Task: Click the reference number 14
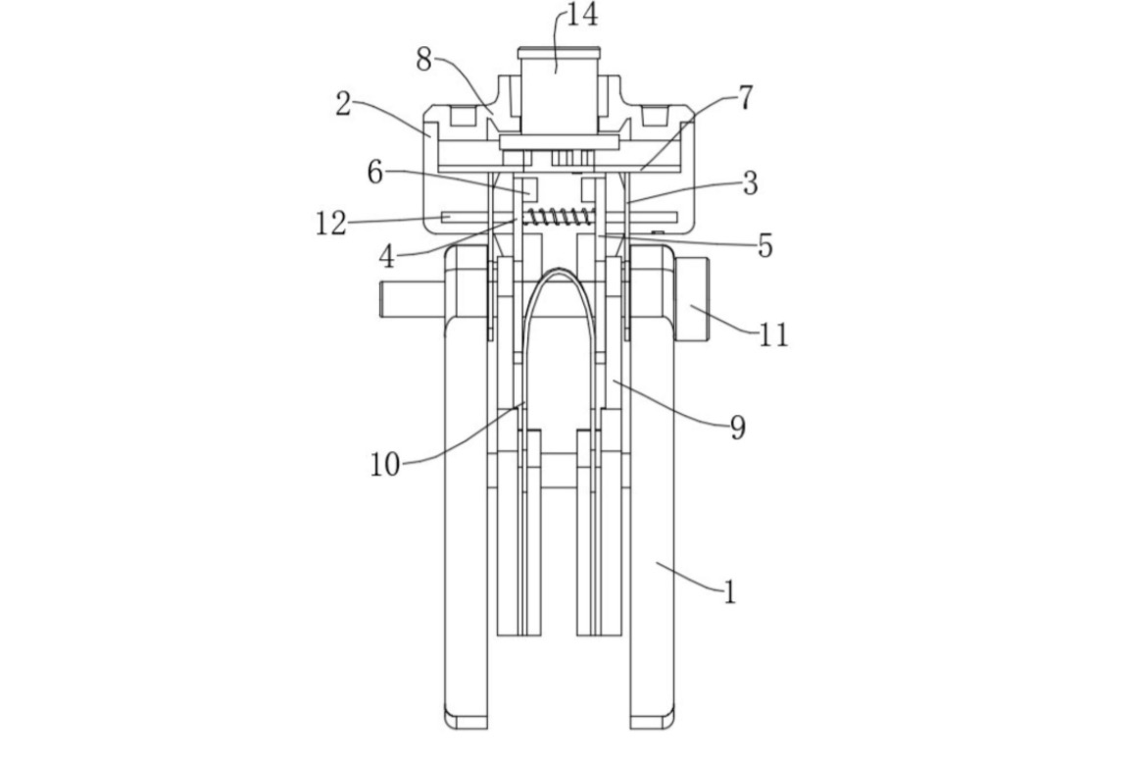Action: click(582, 15)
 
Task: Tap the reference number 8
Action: click(424, 61)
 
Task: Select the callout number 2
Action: click(343, 104)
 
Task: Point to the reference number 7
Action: click(745, 98)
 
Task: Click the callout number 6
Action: click(375, 173)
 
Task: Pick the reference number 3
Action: click(751, 183)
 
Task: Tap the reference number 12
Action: click(331, 225)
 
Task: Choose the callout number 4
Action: click(387, 256)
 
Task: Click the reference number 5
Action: click(765, 246)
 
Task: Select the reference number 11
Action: click(773, 334)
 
